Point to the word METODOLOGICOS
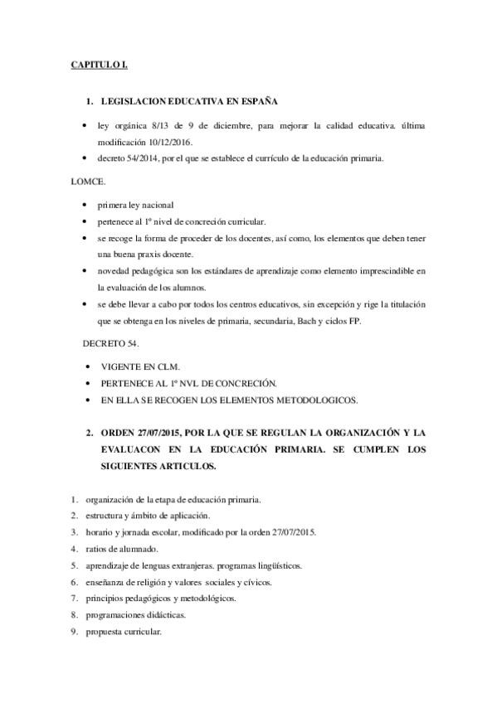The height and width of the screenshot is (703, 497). point(317,400)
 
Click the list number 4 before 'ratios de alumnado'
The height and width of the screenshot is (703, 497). point(74,550)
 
